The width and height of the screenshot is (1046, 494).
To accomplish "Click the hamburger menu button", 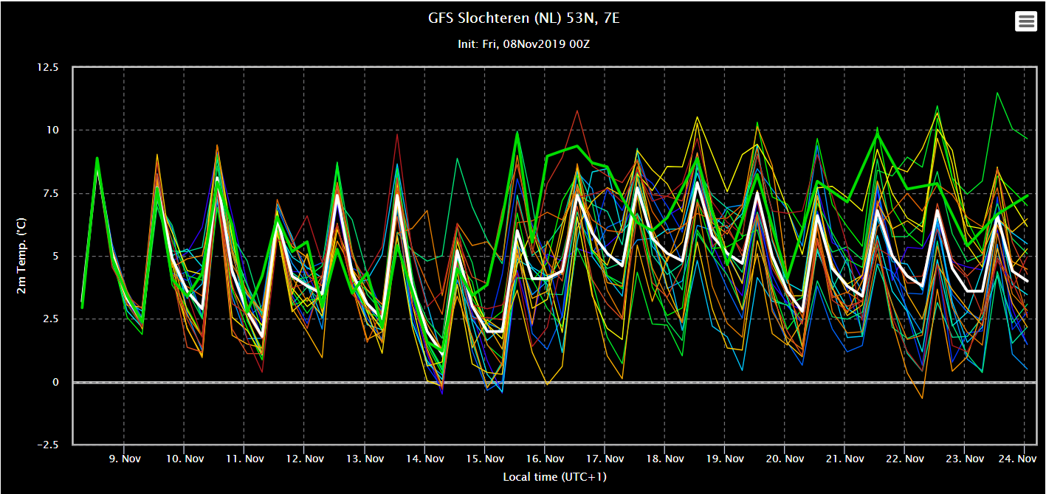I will point(1026,21).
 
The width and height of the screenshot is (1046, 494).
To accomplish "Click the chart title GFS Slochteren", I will point(523,18).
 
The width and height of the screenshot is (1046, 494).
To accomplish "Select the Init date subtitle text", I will point(523,44).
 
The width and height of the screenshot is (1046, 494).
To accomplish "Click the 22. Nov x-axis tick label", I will point(904,459).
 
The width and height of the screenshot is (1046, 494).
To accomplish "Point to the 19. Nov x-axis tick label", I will point(724,459).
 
